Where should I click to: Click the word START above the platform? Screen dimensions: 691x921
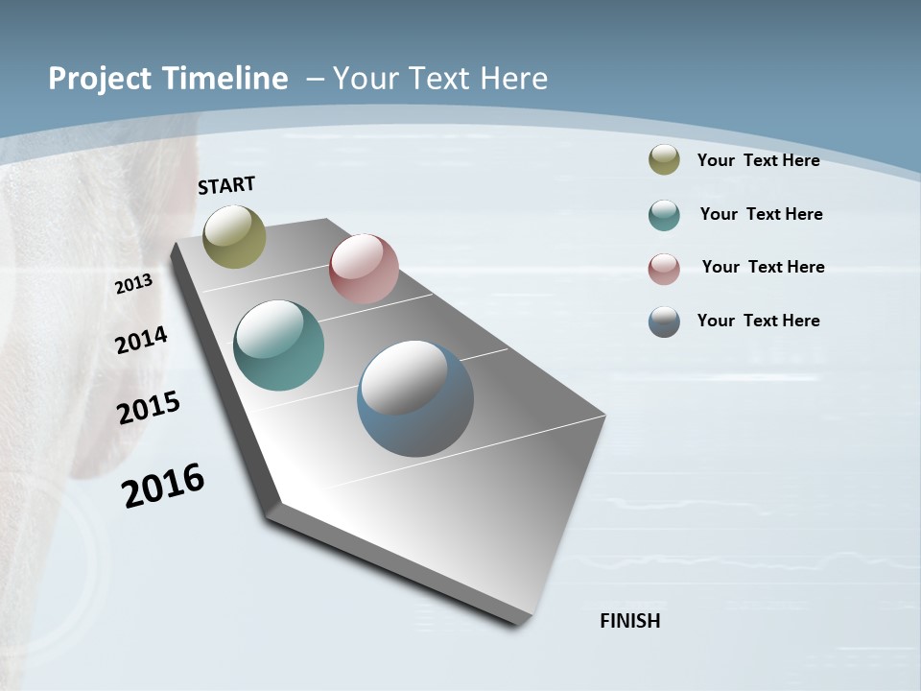(x=226, y=185)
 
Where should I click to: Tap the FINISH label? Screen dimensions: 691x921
(x=629, y=621)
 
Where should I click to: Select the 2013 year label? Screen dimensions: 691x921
(x=133, y=284)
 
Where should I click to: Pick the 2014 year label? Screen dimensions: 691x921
(x=141, y=340)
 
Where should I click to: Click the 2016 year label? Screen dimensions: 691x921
(x=163, y=486)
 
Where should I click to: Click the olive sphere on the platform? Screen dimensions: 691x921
(x=234, y=237)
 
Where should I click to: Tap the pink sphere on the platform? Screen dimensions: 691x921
(x=364, y=269)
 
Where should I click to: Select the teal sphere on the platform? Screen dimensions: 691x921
(x=278, y=345)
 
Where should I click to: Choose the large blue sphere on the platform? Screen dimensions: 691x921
(x=415, y=398)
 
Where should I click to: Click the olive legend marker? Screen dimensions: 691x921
(x=664, y=160)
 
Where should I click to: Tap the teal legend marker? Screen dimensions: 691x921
(x=664, y=215)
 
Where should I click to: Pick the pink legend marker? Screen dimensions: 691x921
(x=664, y=269)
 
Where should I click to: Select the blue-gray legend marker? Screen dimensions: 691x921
(x=664, y=322)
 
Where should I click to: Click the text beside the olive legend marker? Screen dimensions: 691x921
(x=758, y=160)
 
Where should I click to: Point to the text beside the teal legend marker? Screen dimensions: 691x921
(x=761, y=214)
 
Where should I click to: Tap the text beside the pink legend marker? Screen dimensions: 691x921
(x=763, y=267)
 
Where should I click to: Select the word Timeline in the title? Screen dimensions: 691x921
(x=224, y=79)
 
